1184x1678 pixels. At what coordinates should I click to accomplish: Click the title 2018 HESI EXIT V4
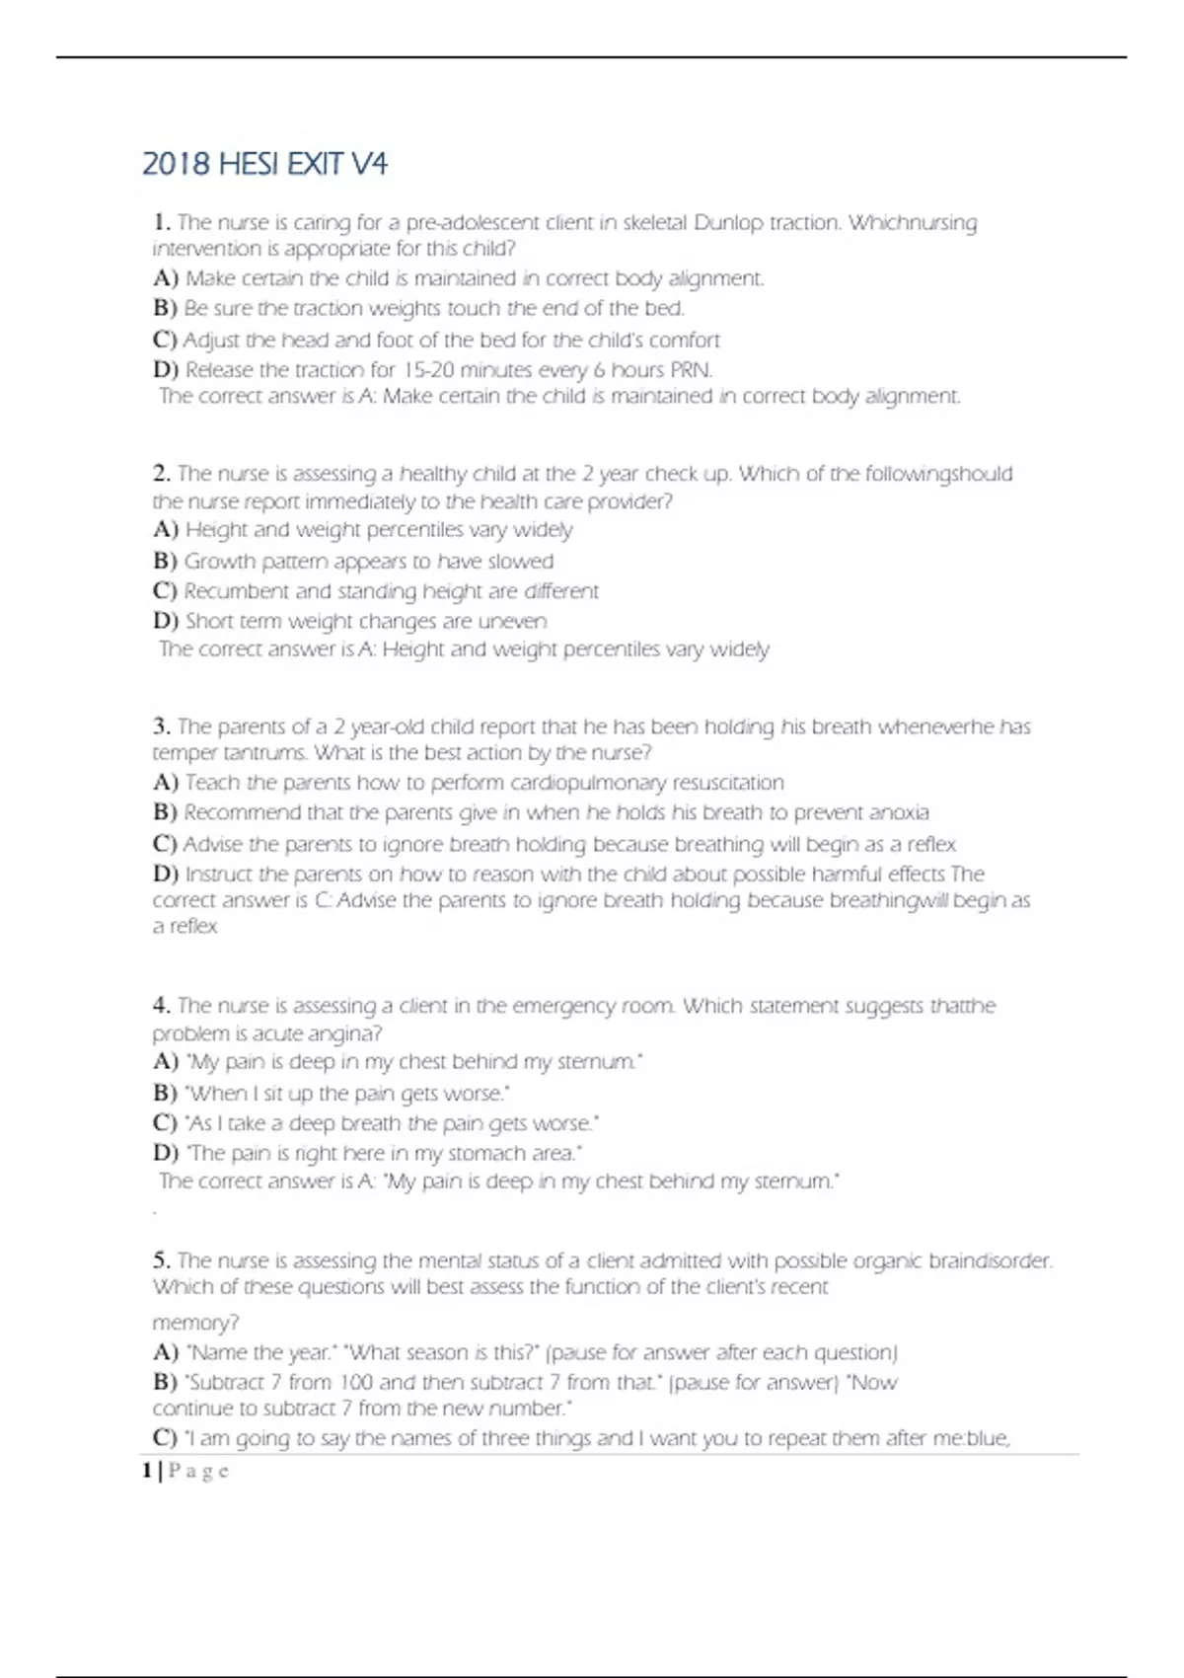point(264,164)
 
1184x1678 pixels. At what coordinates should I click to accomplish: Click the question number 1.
point(162,222)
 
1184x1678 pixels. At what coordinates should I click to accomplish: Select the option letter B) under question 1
point(165,308)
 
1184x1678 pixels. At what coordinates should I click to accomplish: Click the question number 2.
point(162,473)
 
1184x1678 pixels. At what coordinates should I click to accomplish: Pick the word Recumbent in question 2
point(236,590)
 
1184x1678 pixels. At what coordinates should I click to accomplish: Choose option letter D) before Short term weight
point(165,621)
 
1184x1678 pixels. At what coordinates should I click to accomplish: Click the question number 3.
point(162,726)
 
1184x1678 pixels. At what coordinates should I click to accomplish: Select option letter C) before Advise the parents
point(165,844)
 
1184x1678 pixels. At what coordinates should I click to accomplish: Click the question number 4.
point(162,1006)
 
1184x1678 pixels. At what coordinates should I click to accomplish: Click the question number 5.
point(162,1260)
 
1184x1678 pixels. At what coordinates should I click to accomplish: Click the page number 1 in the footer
point(147,1471)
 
